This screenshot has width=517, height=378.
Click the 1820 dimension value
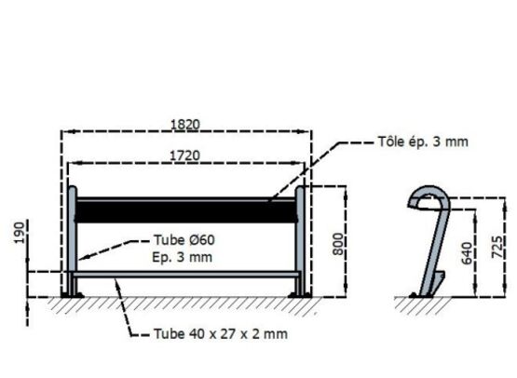(185, 125)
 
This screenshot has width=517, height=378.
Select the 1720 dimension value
(184, 155)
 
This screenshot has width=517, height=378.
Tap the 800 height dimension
(338, 244)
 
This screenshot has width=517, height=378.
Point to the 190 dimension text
(20, 233)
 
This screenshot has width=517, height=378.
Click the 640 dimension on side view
(467, 253)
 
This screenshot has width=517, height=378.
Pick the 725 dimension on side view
(497, 247)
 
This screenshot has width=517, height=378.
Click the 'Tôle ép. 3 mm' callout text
(423, 142)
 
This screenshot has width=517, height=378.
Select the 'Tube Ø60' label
(184, 240)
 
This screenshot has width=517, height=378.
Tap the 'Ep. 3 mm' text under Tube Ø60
(182, 257)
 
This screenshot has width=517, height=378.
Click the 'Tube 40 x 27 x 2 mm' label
(221, 334)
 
